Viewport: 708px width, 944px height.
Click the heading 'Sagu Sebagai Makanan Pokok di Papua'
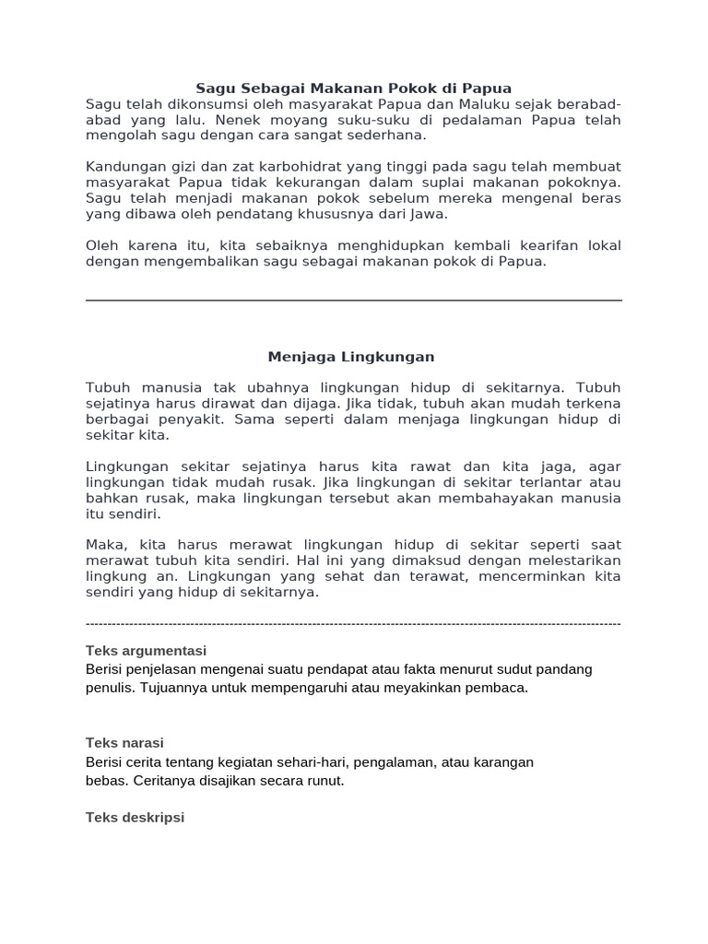point(353,88)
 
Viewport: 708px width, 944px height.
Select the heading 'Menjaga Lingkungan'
point(350,356)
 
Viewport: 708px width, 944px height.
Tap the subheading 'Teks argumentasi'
point(146,651)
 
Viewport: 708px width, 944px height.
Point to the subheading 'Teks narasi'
point(124,743)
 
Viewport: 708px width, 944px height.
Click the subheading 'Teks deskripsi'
point(135,818)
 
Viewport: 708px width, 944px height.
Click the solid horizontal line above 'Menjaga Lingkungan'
point(353,300)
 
